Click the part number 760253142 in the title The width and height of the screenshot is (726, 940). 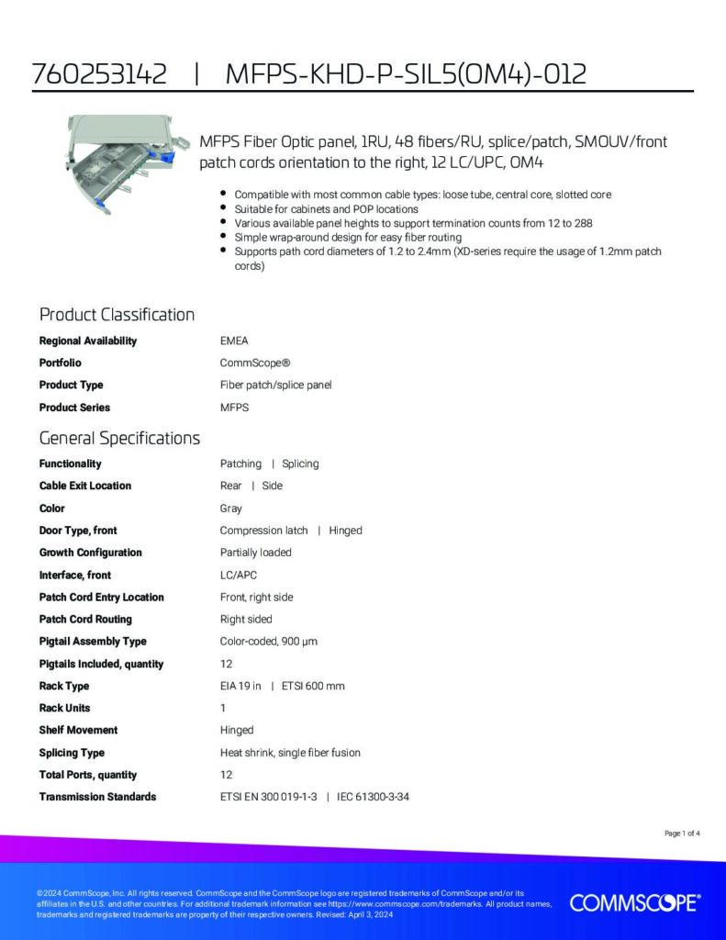click(99, 74)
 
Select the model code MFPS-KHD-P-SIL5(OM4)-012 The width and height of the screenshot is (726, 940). click(406, 74)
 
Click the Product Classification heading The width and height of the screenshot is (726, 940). click(117, 315)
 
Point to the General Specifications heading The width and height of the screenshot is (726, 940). click(119, 438)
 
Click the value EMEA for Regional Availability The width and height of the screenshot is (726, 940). click(234, 341)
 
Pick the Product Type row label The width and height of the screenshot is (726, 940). click(71, 385)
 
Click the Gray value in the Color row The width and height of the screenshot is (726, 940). click(230, 508)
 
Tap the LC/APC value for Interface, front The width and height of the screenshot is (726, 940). click(239, 575)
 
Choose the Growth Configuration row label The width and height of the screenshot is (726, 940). click(90, 553)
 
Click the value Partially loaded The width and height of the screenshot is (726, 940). click(255, 553)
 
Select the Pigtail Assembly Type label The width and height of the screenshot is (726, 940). click(92, 641)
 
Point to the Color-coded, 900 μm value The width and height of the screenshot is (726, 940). click(268, 641)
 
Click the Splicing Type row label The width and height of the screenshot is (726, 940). click(72, 753)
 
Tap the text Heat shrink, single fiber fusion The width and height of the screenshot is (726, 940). click(290, 753)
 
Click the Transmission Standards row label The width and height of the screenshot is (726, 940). click(97, 797)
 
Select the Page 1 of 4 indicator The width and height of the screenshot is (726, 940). click(682, 834)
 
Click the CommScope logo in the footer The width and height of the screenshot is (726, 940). click(635, 903)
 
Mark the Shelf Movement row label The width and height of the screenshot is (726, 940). click(78, 730)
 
